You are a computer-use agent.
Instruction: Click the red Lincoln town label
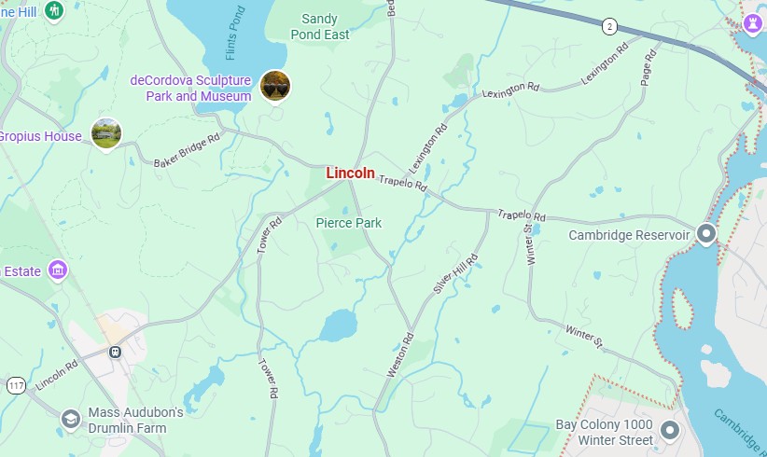pyautogui.click(x=350, y=173)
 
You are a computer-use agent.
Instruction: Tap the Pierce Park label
pyautogui.click(x=348, y=223)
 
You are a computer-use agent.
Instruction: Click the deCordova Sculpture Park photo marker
pyautogui.click(x=275, y=86)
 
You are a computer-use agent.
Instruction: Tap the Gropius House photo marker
pyautogui.click(x=106, y=133)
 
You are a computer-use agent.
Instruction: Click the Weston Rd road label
pyautogui.click(x=399, y=355)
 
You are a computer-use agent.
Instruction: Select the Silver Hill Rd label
pyautogui.click(x=455, y=274)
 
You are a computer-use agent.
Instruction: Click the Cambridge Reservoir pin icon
pyautogui.click(x=706, y=233)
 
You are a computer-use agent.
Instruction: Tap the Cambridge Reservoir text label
pyautogui.click(x=629, y=235)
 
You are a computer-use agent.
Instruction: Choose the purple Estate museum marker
pyautogui.click(x=58, y=270)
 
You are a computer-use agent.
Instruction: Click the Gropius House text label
pyautogui.click(x=39, y=136)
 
